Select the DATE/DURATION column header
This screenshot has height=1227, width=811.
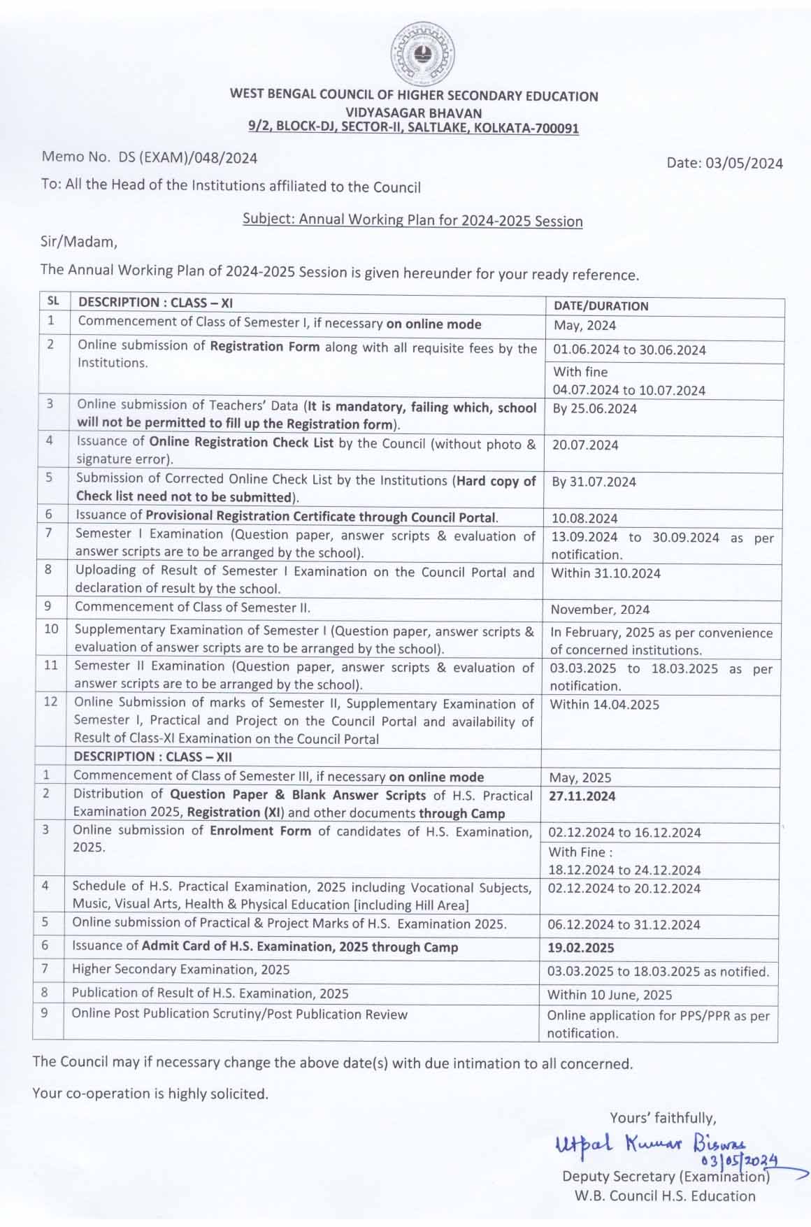tap(601, 306)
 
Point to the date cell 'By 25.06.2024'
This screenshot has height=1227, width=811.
tap(594, 409)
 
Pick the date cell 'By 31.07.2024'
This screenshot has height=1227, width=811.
tap(594, 482)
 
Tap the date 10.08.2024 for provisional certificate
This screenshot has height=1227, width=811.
tap(584, 519)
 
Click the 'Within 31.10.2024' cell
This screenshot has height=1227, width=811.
tap(605, 573)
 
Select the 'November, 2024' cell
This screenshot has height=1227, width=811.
tap(600, 610)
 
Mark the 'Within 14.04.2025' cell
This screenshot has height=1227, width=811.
tap(604, 705)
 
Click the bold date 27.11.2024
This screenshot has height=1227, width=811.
tap(582, 796)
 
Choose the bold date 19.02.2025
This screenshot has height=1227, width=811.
tap(581, 948)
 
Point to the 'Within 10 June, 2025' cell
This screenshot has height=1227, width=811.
tap(610, 995)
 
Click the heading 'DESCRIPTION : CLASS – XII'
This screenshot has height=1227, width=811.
tap(152, 757)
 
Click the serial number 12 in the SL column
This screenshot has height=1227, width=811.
tap(50, 701)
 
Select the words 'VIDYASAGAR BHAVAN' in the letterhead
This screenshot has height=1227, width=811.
tap(414, 113)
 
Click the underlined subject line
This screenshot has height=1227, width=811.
tap(412, 221)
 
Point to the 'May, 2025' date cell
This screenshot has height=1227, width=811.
tap(580, 778)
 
